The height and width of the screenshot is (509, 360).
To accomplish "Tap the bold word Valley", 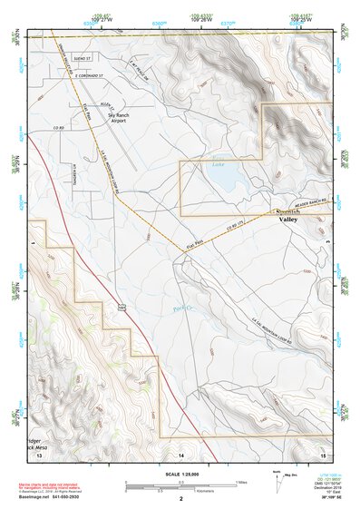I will pyautogui.click(x=289, y=220).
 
